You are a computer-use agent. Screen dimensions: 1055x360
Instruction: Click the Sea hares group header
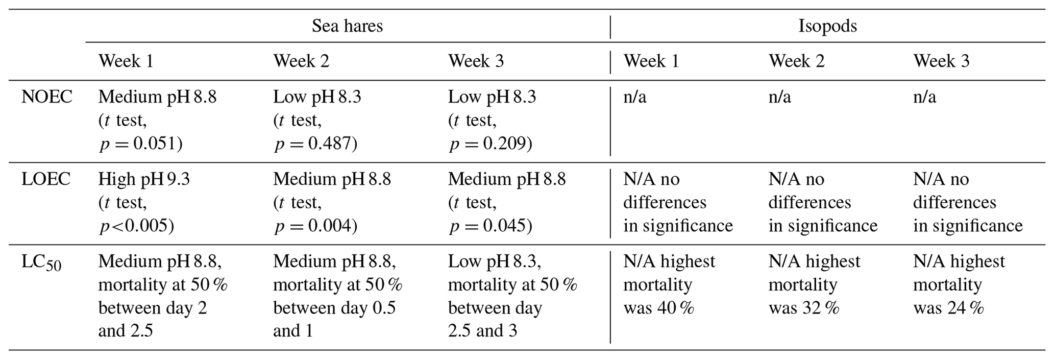point(347,26)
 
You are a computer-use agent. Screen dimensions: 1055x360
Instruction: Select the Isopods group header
point(827,26)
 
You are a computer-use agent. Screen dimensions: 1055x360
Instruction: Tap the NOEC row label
point(47,97)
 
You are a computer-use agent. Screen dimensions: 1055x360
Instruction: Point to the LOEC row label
point(46,179)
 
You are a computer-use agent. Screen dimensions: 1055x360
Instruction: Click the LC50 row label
point(41,263)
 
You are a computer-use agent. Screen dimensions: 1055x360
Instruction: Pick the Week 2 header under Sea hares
point(301,61)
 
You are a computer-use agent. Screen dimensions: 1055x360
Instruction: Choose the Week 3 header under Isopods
point(941,61)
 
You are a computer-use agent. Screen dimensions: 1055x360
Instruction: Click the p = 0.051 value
point(140,144)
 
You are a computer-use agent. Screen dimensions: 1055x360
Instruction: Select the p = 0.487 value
point(315,144)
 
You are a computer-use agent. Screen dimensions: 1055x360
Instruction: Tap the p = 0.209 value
point(490,144)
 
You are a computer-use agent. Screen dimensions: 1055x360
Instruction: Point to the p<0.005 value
point(136,226)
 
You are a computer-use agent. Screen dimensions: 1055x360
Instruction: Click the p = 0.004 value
point(315,226)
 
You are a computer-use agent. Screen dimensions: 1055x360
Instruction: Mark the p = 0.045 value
point(490,226)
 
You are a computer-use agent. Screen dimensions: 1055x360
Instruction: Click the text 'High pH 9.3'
point(144,179)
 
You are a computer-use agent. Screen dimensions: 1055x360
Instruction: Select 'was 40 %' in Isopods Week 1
point(658,308)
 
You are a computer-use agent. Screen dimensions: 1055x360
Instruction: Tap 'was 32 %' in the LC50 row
point(804,308)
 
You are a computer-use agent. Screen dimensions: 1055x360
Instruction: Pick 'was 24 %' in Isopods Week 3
point(948,308)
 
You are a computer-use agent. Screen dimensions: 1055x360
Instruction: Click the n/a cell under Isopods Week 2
point(780,97)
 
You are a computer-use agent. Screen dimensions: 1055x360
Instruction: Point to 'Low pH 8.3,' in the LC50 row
point(495,261)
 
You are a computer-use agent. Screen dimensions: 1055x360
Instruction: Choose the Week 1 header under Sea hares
point(126,61)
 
